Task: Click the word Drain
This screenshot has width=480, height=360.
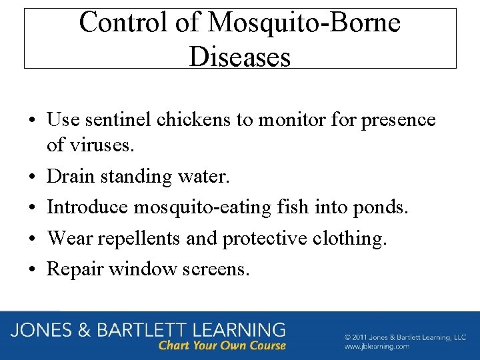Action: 69,177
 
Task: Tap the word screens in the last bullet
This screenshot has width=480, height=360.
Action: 216,269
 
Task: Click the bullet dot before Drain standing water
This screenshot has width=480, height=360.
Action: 31,177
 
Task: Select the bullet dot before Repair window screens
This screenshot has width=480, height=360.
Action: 31,269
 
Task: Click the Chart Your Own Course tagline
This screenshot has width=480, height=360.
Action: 222,346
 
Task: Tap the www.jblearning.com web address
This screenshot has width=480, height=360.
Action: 377,347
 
